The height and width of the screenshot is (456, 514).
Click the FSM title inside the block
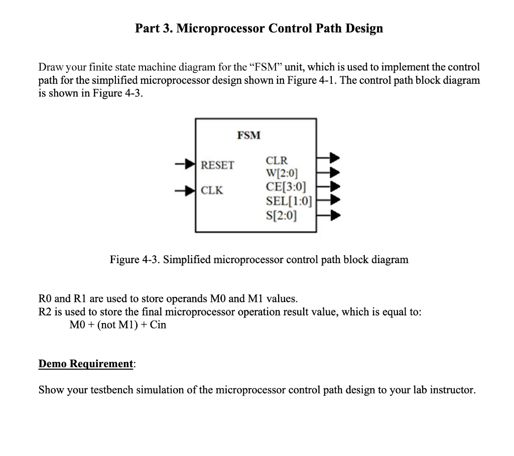(249, 135)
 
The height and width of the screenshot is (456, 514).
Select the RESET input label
(217, 165)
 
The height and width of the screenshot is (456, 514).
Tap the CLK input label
(212, 190)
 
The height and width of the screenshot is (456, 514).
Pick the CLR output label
(277, 161)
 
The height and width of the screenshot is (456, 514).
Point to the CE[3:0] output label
(284, 188)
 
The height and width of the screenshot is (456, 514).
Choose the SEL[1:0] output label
(289, 202)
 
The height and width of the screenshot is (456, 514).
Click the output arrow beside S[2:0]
(332, 216)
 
